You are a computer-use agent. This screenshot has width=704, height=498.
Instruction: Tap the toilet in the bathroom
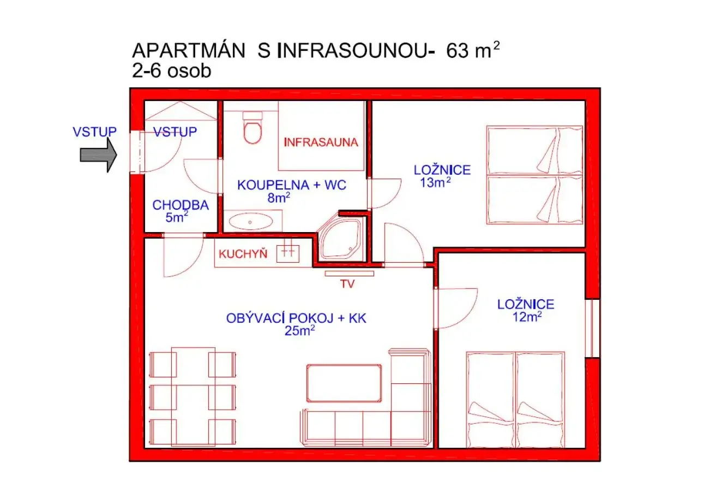tap(252, 129)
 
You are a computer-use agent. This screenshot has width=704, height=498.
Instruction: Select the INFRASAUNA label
tap(321, 143)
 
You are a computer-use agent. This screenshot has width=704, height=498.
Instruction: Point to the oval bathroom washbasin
tap(250, 222)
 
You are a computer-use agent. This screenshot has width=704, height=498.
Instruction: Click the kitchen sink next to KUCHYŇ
tap(287, 252)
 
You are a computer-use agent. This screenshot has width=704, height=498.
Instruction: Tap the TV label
tap(347, 284)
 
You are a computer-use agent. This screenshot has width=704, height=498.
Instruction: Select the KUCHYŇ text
tap(243, 253)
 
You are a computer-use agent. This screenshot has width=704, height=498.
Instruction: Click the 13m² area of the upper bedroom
tap(435, 183)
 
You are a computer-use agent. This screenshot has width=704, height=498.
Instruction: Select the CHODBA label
tap(180, 205)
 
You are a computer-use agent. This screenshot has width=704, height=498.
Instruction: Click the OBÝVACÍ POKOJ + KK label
tap(296, 318)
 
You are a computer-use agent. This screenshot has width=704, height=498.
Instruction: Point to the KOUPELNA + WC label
tap(292, 185)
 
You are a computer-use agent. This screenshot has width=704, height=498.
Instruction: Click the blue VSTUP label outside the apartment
tap(94, 132)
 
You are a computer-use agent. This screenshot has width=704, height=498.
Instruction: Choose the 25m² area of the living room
tap(299, 331)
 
